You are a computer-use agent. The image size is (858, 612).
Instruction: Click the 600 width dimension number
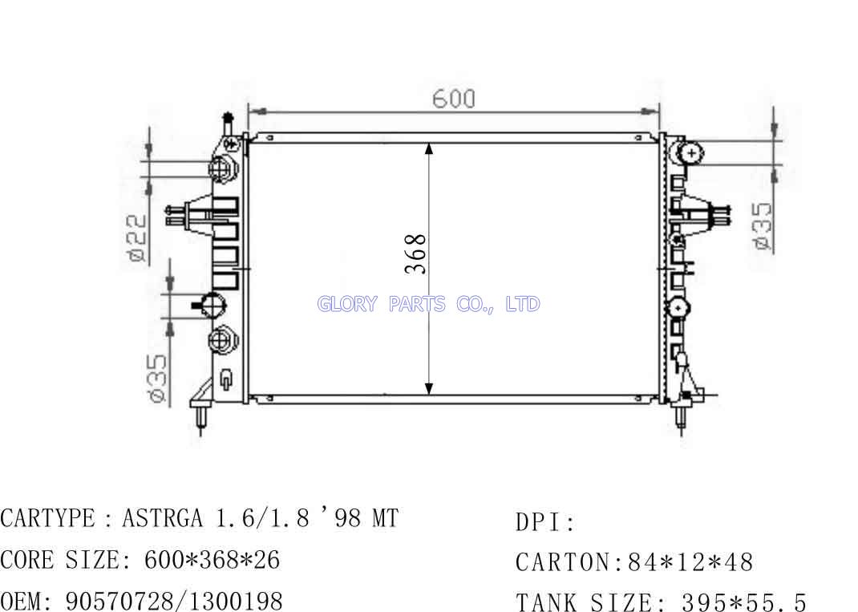[x=454, y=99]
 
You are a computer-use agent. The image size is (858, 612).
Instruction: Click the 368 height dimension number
[x=416, y=254]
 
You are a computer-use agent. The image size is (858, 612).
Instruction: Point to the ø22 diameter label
[x=136, y=237]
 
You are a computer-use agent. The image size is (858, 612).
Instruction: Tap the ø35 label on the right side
[x=763, y=227]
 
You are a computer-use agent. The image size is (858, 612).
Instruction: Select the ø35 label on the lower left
[x=156, y=379]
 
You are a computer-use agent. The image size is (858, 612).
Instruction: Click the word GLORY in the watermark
[x=347, y=304]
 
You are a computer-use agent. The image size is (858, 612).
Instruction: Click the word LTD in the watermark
[x=523, y=304]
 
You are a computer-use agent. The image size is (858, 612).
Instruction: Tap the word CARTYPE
[x=47, y=518]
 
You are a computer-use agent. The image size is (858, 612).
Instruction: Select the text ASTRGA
[x=162, y=518]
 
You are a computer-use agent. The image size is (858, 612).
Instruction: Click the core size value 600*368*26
[x=212, y=559]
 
